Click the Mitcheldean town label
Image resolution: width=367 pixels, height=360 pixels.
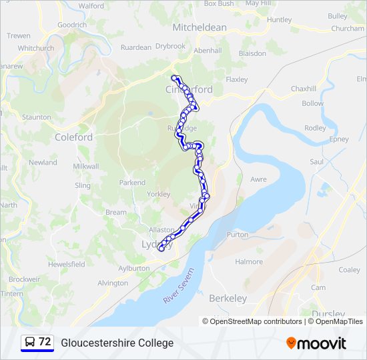tap(200, 27)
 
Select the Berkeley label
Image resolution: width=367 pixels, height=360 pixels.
tap(228, 299)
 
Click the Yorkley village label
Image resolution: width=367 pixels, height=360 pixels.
tap(158, 194)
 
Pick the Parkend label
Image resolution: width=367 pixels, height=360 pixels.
tap(132, 182)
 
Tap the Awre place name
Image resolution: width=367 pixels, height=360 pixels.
tap(258, 179)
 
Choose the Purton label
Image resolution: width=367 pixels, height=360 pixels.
tap(238, 235)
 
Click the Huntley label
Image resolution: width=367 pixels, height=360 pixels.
tap(279, 20)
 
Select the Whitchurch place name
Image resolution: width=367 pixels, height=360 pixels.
tap(36, 48)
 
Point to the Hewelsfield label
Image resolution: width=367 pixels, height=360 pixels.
tap(66, 264)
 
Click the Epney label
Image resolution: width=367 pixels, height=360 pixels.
tap(338, 139)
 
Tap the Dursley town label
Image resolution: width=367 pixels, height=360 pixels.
tap(328, 314)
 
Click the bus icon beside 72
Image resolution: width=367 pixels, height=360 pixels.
tap(30, 342)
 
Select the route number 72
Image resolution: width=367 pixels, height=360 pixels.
tap(45, 342)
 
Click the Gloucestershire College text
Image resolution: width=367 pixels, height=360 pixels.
tap(117, 343)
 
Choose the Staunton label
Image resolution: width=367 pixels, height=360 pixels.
tap(36, 117)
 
